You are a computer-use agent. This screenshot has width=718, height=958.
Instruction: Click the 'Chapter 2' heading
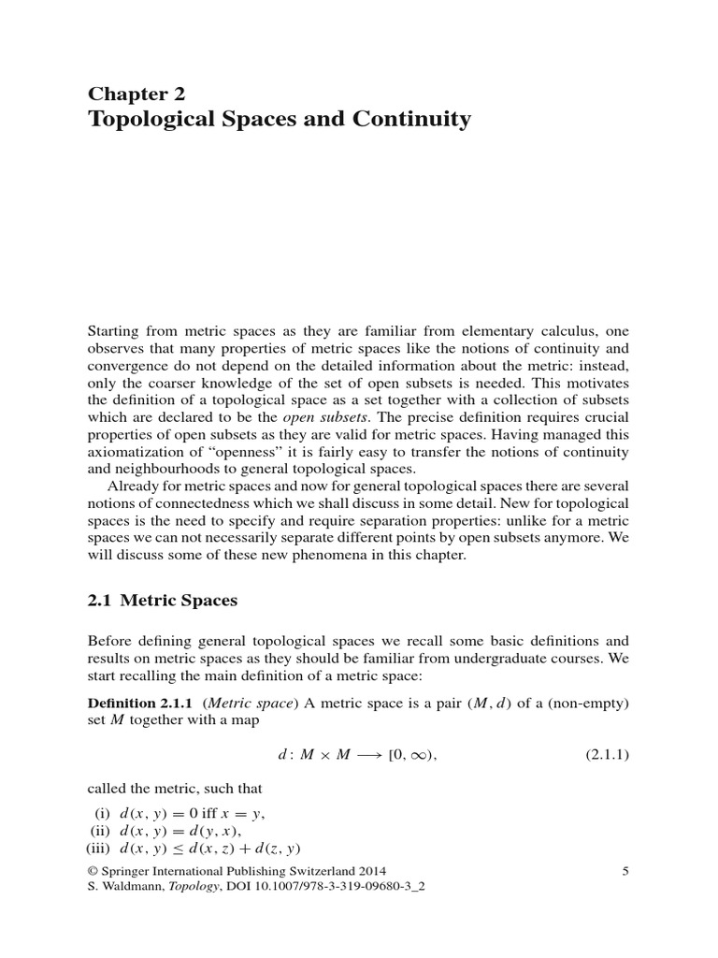pos(136,93)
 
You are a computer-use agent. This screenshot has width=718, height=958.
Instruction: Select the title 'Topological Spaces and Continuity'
pos(279,120)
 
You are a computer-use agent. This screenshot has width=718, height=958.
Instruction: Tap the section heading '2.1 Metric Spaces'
pos(163,601)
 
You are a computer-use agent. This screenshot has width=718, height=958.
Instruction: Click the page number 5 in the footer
pos(625,872)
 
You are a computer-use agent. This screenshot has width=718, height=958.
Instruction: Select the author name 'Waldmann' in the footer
pos(132,888)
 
